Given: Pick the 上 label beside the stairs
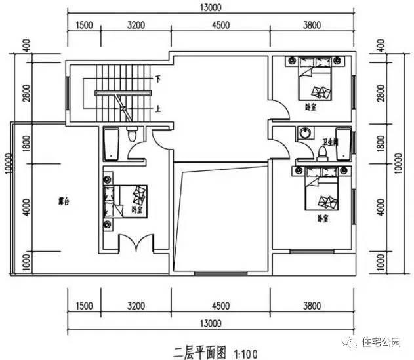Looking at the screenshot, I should point(157,109).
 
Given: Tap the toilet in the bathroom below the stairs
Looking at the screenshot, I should point(132,136).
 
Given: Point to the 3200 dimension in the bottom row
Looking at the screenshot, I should point(135,306).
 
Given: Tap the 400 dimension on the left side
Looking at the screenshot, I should point(26,47).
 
